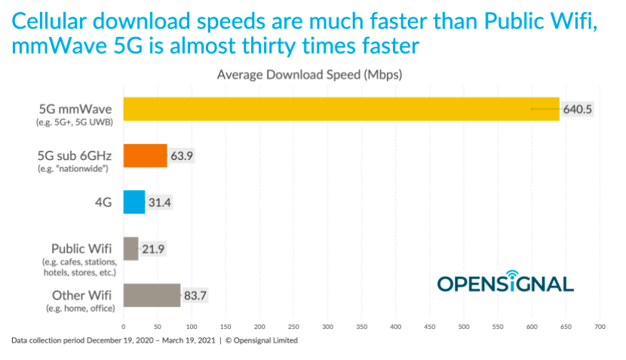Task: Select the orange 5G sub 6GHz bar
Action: [x=145, y=156]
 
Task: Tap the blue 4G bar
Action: [x=133, y=202]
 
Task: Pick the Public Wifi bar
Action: [x=130, y=249]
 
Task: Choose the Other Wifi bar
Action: [x=152, y=295]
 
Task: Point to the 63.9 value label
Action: [x=187, y=156]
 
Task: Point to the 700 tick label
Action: [x=600, y=326]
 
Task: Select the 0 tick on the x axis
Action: [x=124, y=326]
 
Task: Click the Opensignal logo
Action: [x=505, y=282]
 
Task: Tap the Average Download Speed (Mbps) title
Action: [x=309, y=75]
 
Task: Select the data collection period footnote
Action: [x=155, y=340]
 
